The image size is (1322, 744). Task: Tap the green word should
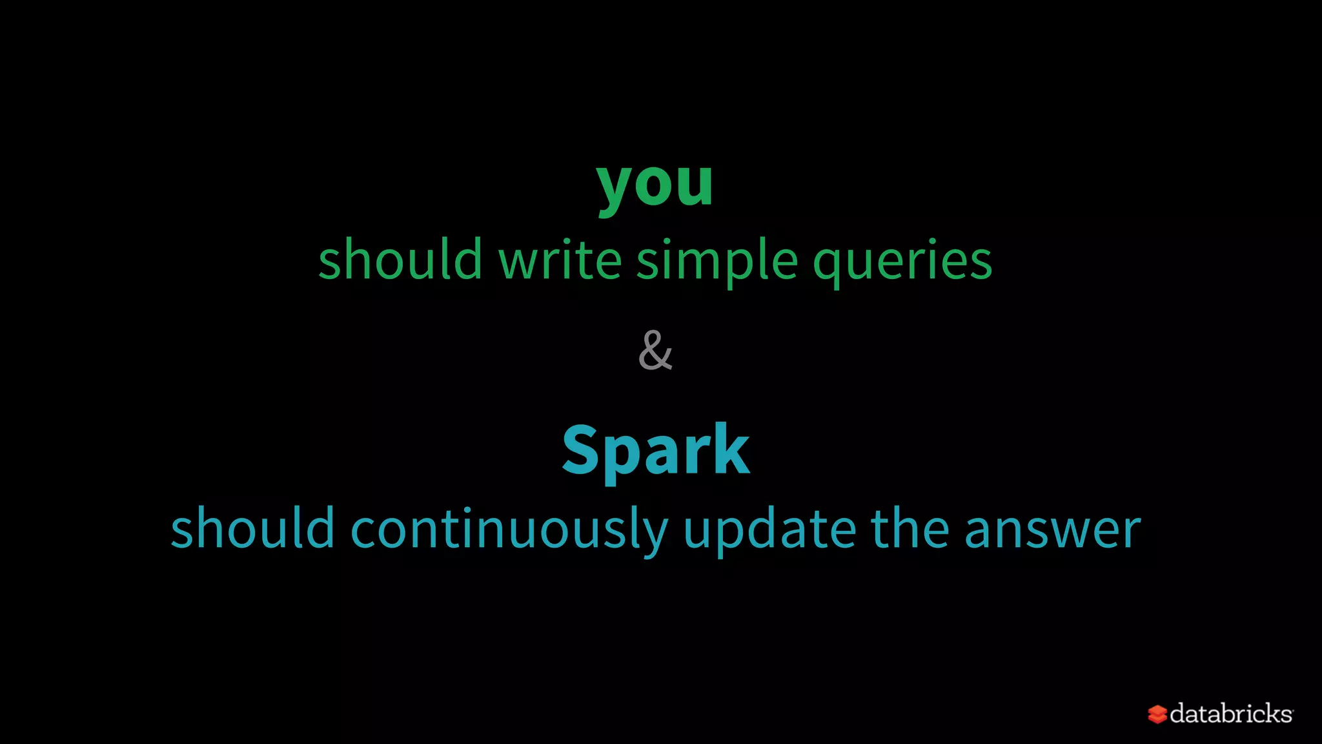(x=400, y=259)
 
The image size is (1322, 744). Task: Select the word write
(x=560, y=259)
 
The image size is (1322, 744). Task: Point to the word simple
(x=717, y=260)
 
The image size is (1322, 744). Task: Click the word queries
(x=902, y=262)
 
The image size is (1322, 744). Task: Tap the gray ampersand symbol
(x=655, y=351)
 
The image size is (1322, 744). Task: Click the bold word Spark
(x=655, y=451)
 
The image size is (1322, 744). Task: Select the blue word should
(x=252, y=528)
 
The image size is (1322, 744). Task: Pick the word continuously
(x=509, y=530)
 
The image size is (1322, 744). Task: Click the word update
(x=769, y=530)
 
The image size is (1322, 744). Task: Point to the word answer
(x=1052, y=530)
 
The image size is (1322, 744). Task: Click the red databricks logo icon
(x=1157, y=714)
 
